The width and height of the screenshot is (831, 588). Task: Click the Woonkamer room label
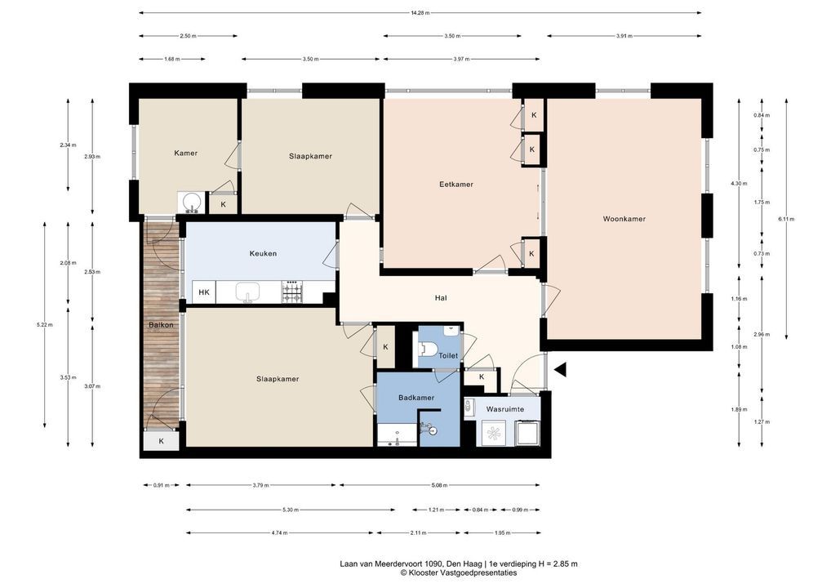[624, 218]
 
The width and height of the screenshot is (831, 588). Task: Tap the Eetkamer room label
[455, 185]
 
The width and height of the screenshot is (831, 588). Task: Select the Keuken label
[263, 253]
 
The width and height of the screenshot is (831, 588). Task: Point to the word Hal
[441, 298]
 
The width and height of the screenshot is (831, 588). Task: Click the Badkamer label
[416, 398]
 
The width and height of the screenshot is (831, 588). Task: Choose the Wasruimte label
[505, 409]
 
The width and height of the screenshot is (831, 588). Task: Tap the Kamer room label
[185, 154]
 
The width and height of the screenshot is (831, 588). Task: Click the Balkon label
[161, 325]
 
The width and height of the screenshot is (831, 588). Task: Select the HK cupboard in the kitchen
[204, 292]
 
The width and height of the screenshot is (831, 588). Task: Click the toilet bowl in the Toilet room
[428, 350]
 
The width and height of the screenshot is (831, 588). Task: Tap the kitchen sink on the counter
[247, 292]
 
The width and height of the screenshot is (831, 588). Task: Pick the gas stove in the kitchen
[291, 292]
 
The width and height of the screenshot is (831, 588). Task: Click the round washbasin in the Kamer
[191, 202]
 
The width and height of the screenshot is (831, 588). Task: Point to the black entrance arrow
[560, 370]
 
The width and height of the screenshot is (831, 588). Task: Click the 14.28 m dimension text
[420, 13]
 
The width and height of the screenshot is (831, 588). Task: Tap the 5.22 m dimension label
[45, 325]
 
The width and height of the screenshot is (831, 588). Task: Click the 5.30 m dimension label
[291, 510]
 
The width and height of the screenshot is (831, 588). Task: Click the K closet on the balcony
[161, 441]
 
